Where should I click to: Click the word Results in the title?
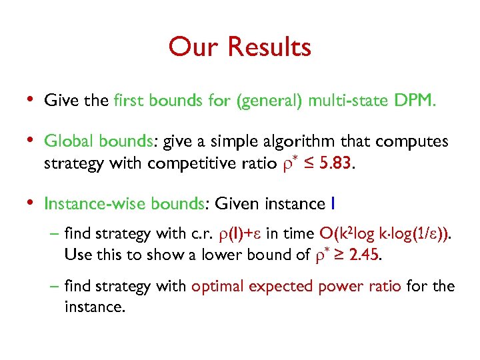tap(269, 47)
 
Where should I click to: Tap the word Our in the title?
tap(195, 47)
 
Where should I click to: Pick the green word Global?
tap(69, 142)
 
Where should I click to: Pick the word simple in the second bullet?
tap(231, 142)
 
